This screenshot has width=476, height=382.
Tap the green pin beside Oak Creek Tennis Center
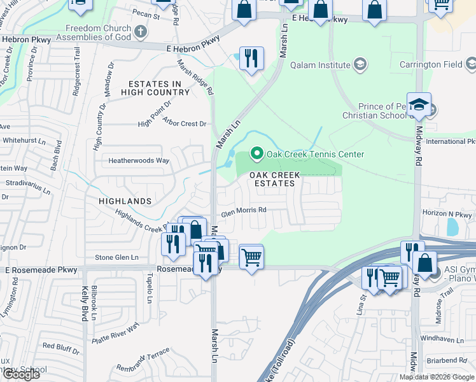pyautogui.click(x=257, y=153)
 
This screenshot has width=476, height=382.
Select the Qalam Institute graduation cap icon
pyautogui.click(x=360, y=64)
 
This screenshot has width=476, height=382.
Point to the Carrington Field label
pyautogui.click(x=430, y=64)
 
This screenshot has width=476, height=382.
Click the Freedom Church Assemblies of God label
pyautogui.click(x=99, y=32)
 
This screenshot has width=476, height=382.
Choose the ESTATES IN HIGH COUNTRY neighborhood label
pyautogui.click(x=159, y=88)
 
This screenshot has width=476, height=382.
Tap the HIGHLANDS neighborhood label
pyautogui.click(x=125, y=201)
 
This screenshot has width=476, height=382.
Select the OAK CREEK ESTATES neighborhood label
pyautogui.click(x=272, y=179)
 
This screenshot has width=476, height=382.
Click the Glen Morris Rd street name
pyautogui.click(x=243, y=215)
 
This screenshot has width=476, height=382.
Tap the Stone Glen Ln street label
pyautogui.click(x=116, y=257)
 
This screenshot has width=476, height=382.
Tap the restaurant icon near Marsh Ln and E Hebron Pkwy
pyautogui.click(x=251, y=59)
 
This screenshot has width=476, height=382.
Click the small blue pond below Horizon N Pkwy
pyautogui.click(x=452, y=227)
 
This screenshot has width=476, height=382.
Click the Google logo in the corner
pyautogui.click(x=21, y=374)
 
